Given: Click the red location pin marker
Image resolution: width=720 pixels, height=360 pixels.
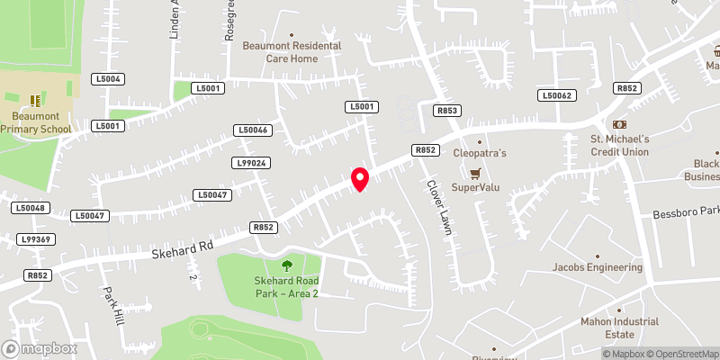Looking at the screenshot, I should (x=360, y=178).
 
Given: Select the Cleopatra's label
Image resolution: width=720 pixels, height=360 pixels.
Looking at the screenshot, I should (x=480, y=153).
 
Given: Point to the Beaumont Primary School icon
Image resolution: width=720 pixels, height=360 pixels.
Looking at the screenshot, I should (x=36, y=100).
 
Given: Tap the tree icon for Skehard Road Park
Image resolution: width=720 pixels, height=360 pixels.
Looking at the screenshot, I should (x=287, y=265).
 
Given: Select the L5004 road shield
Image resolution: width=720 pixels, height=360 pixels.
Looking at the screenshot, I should (x=107, y=79).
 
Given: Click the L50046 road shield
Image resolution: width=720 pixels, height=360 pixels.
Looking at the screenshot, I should (x=253, y=130).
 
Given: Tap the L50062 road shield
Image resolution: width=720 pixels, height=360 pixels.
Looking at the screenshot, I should (x=555, y=94).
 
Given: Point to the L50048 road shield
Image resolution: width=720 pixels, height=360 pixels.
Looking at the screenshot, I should (x=29, y=208).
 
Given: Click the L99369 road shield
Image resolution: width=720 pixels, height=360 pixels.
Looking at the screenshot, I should (x=36, y=239).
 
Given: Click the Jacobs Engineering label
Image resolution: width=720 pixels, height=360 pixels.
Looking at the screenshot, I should (x=598, y=267).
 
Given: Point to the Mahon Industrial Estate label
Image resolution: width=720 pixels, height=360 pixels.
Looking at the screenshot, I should (x=618, y=328).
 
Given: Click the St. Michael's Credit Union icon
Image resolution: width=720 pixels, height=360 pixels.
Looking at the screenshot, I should (x=619, y=123).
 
